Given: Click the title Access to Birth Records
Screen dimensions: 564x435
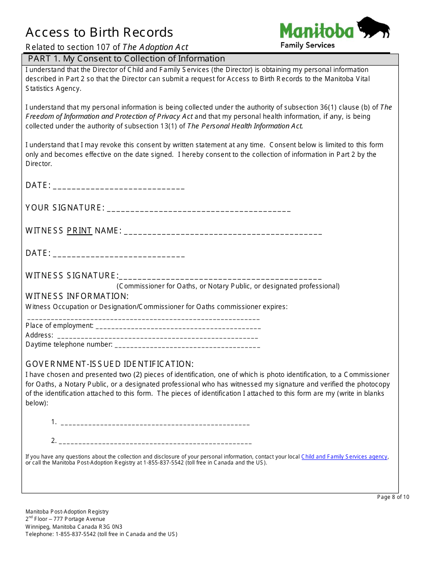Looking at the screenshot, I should coord(99,33).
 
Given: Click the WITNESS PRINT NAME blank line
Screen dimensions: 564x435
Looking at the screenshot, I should coord(223,232).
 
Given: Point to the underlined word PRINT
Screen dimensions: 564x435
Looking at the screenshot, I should coord(79,231).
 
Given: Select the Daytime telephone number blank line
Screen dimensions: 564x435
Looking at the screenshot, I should coord(187,346).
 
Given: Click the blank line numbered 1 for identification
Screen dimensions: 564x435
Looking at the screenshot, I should coord(155,423).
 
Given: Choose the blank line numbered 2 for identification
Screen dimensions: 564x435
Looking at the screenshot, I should coord(155,442).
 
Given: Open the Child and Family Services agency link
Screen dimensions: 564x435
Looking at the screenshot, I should coord(344,457).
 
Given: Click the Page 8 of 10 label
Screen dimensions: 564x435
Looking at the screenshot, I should coord(393,497).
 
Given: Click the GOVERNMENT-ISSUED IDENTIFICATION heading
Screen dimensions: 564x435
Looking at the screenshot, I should coord(109,364).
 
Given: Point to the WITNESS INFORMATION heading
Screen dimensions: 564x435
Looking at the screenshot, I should coord(77,296).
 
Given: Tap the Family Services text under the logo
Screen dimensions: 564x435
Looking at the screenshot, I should coord(307,45).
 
